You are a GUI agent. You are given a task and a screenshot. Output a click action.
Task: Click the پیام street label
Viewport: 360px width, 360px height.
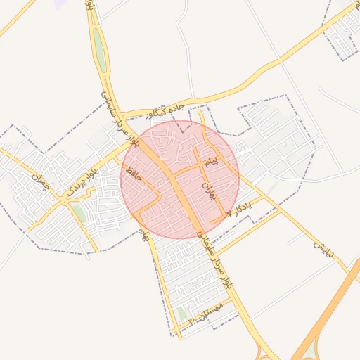click(x=212, y=160)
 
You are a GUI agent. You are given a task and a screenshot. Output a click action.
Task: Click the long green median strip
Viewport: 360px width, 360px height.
click(x=101, y=49)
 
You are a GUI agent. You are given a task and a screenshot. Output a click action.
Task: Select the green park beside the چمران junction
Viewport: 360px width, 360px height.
click(x=79, y=212)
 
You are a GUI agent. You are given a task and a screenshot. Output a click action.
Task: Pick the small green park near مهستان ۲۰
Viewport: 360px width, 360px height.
click(x=181, y=312)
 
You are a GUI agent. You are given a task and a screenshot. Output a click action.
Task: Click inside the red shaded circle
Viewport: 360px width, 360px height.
click(x=179, y=179)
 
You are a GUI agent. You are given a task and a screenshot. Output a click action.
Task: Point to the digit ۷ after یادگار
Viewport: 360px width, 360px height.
click(x=229, y=214)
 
